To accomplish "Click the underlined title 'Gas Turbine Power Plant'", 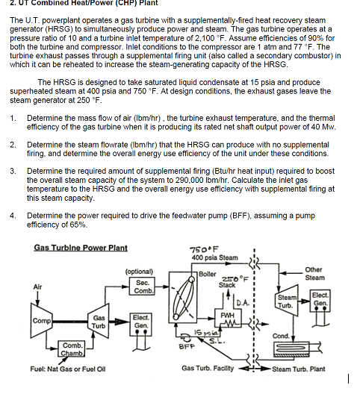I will (81, 248).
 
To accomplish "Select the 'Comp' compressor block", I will (41, 321).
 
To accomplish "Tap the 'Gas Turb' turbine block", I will (98, 321).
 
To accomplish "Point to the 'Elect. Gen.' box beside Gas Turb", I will (140, 321).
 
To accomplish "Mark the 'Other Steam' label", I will (314, 274).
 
